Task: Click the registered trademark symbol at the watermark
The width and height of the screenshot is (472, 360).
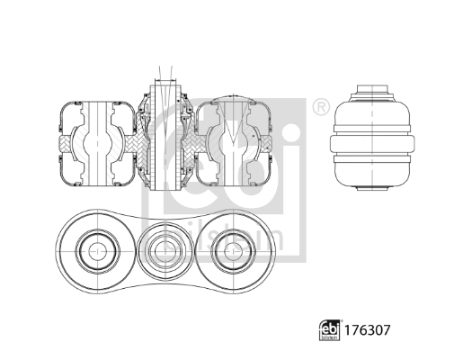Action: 319,109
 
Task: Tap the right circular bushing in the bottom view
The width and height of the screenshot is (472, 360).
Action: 232,247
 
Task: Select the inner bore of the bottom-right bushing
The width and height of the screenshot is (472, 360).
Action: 232,247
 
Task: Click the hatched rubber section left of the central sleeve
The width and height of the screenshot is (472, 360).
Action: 145,144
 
